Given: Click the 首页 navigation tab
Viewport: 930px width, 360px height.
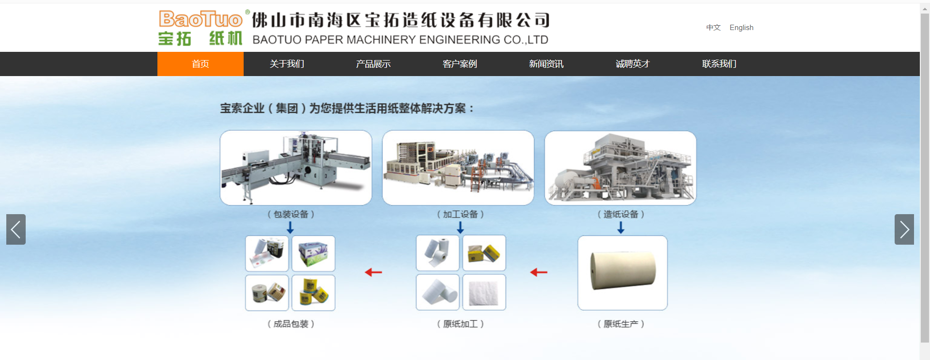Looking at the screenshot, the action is pos(200,64).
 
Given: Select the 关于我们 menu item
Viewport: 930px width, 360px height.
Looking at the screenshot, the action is pos(287,64).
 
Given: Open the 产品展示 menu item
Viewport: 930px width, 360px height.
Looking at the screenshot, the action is pos(373,64).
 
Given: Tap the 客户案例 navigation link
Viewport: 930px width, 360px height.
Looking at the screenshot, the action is pos(460,64).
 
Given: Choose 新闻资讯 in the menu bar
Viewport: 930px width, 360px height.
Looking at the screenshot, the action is pos(546,64).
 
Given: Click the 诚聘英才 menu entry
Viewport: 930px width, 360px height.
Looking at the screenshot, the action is pos(633,64).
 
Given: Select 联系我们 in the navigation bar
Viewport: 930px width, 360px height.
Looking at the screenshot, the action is pos(719,64).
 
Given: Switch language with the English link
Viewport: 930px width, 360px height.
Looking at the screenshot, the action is pos(742,28).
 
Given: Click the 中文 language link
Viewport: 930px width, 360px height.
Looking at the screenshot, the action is pos(713,28).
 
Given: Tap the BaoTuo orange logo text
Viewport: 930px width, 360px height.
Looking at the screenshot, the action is pos(201,19).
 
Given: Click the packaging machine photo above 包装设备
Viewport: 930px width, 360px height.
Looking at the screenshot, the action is pos(296,168).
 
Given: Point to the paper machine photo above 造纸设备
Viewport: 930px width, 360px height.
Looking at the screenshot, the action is pos(620,168).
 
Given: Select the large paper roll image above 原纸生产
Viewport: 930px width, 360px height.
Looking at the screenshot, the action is pos(622,273).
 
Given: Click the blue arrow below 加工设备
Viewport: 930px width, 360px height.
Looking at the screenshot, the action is pos(460,227).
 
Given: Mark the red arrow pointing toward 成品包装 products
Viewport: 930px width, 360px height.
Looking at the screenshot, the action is pos(373,272).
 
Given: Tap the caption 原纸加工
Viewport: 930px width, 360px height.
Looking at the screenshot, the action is pos(460,324).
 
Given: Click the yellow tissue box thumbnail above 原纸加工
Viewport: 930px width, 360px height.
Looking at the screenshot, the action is pos(484,253).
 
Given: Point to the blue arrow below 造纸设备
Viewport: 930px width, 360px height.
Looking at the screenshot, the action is pos(620,227).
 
